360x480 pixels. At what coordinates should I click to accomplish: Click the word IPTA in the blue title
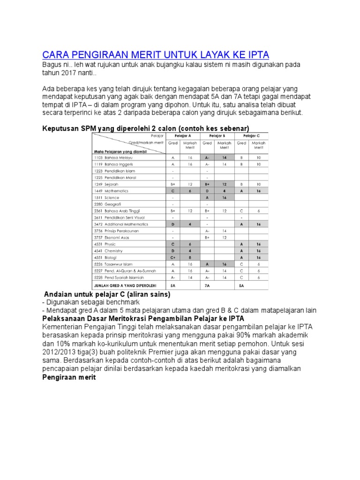(256, 55)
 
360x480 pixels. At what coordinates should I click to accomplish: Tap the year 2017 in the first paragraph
(70, 73)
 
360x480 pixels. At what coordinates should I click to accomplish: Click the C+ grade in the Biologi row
(173, 257)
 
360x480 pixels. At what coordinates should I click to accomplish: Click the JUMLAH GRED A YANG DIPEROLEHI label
(125, 285)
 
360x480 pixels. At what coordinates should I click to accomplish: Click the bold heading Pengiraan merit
(69, 377)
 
